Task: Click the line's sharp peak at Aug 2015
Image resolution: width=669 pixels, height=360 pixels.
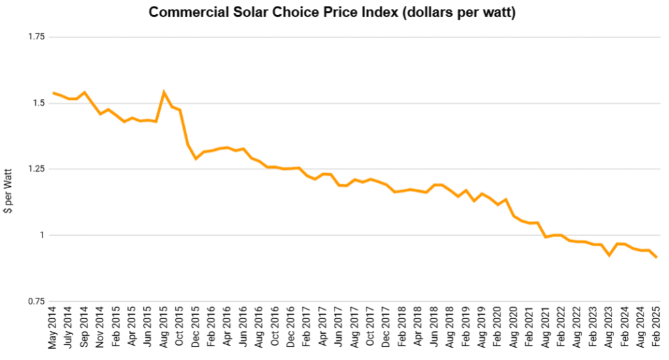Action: (x=164, y=92)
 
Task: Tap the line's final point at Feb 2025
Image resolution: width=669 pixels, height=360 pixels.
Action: (x=657, y=257)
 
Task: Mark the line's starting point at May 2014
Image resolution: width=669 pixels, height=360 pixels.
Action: (x=53, y=93)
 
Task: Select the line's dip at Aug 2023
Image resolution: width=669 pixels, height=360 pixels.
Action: (x=610, y=255)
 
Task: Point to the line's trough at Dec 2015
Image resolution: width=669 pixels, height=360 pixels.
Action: (x=195, y=159)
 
